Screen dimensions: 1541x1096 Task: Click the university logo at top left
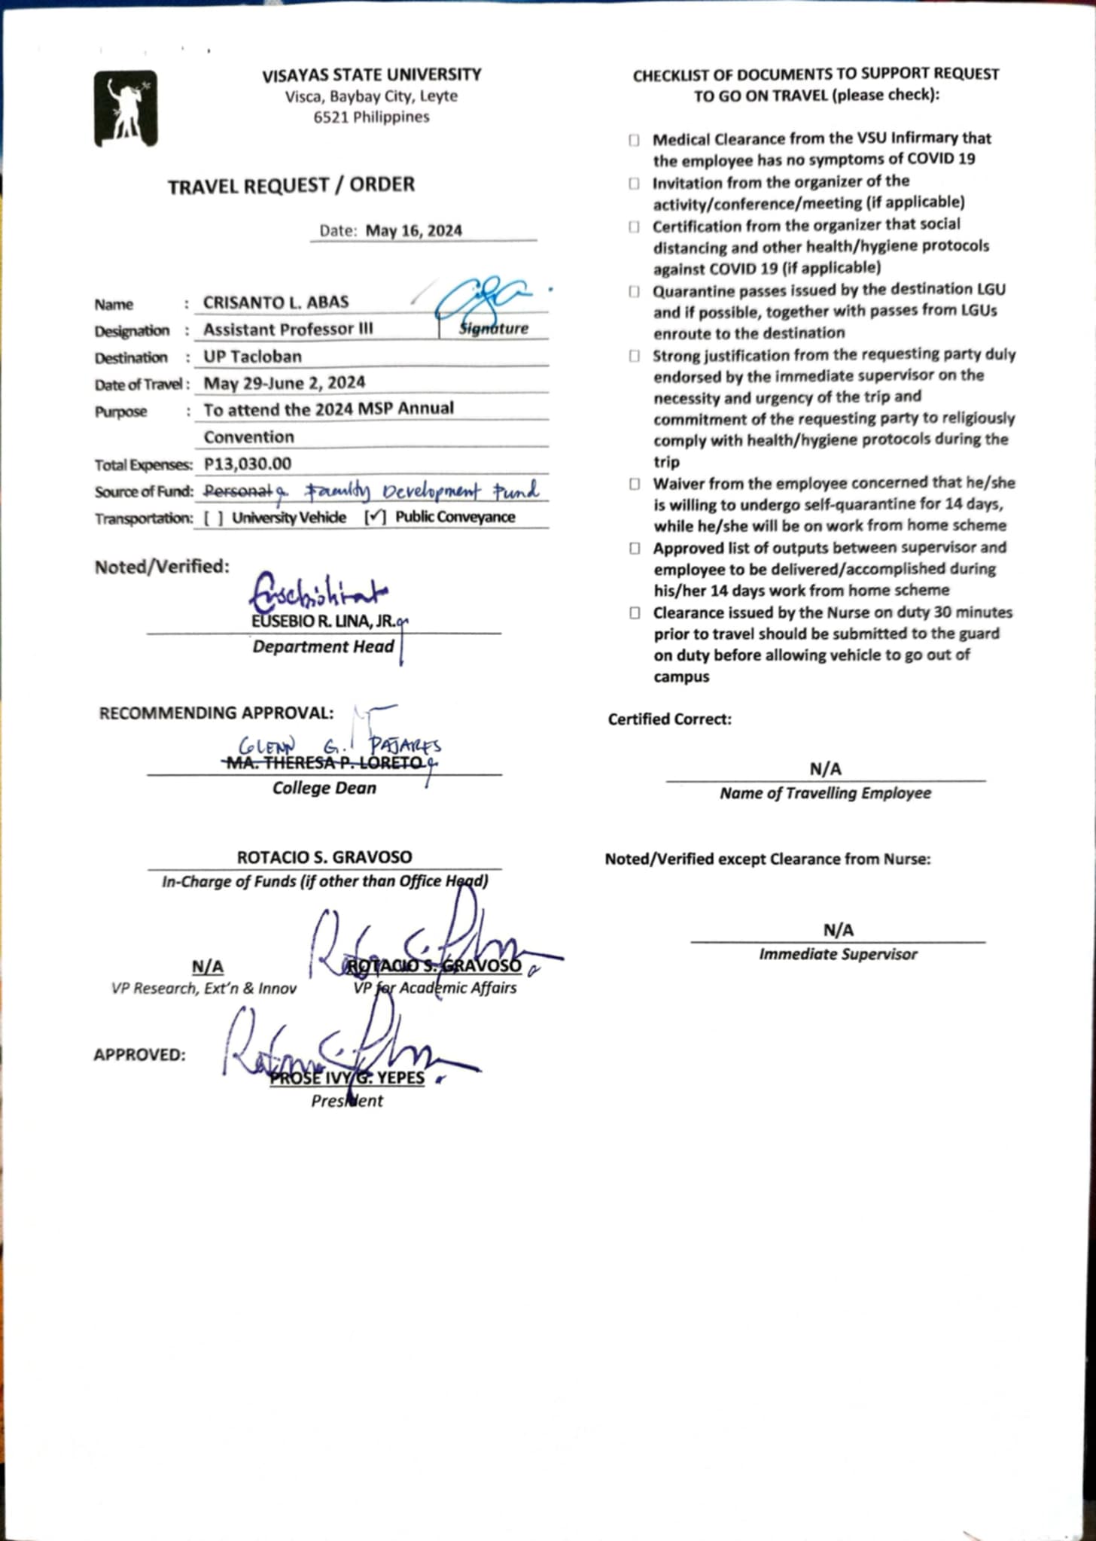126,108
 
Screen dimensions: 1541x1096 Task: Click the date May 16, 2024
413,230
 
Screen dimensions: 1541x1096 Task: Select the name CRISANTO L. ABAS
276,302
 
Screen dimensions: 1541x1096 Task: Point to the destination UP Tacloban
252,357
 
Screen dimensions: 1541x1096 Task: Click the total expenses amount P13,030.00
248,464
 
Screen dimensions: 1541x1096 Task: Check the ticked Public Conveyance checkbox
376,518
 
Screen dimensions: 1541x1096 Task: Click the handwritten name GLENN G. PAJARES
339,746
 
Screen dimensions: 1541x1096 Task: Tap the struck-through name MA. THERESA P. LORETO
324,763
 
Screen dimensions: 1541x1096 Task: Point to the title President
347,1101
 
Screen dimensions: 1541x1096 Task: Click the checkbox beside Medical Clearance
635,140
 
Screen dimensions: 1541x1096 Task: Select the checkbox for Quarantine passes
635,291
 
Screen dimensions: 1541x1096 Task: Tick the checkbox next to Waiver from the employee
635,484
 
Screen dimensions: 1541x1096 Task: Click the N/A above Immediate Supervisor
838,930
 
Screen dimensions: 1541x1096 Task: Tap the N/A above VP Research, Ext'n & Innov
208,967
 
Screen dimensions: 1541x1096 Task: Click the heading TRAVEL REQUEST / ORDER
291,186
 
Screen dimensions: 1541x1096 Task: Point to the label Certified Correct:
670,719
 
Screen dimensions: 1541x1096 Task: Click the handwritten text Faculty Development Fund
422,491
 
